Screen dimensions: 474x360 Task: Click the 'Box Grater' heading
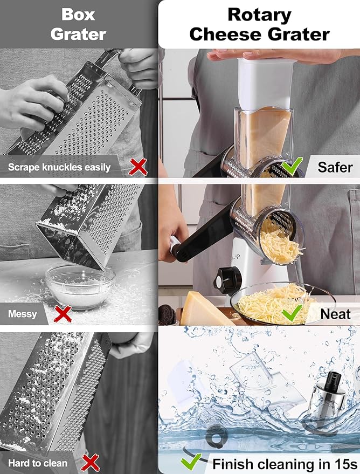click(x=79, y=24)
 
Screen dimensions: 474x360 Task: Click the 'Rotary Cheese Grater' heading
click(x=259, y=24)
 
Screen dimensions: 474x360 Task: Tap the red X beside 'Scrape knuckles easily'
click(x=139, y=167)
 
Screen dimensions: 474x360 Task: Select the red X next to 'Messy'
click(x=63, y=313)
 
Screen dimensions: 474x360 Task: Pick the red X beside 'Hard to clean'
click(x=91, y=462)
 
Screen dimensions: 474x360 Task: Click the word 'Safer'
click(x=335, y=167)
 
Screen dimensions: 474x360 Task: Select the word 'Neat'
click(x=335, y=314)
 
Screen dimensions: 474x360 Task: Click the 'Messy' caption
click(x=23, y=313)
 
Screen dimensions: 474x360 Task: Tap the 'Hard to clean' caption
click(x=38, y=463)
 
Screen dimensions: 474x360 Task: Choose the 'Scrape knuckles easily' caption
click(x=59, y=167)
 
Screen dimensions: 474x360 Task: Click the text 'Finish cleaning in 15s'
click(x=285, y=463)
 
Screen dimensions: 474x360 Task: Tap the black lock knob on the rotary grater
click(x=226, y=278)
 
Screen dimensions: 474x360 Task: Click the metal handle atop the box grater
click(x=114, y=56)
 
